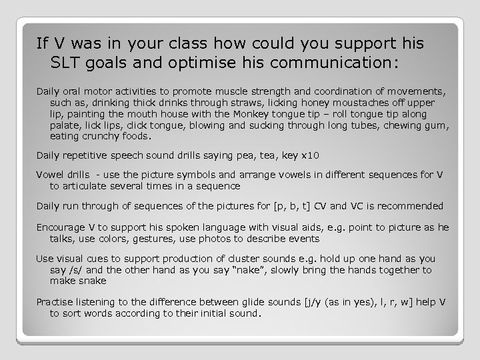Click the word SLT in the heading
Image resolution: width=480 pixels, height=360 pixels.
66,63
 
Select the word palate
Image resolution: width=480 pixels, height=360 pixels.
64,125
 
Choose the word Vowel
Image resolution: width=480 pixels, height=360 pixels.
50,175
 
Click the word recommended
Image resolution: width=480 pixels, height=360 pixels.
411,206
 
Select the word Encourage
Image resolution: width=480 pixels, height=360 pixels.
60,227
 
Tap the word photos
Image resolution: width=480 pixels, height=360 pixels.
241,238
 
